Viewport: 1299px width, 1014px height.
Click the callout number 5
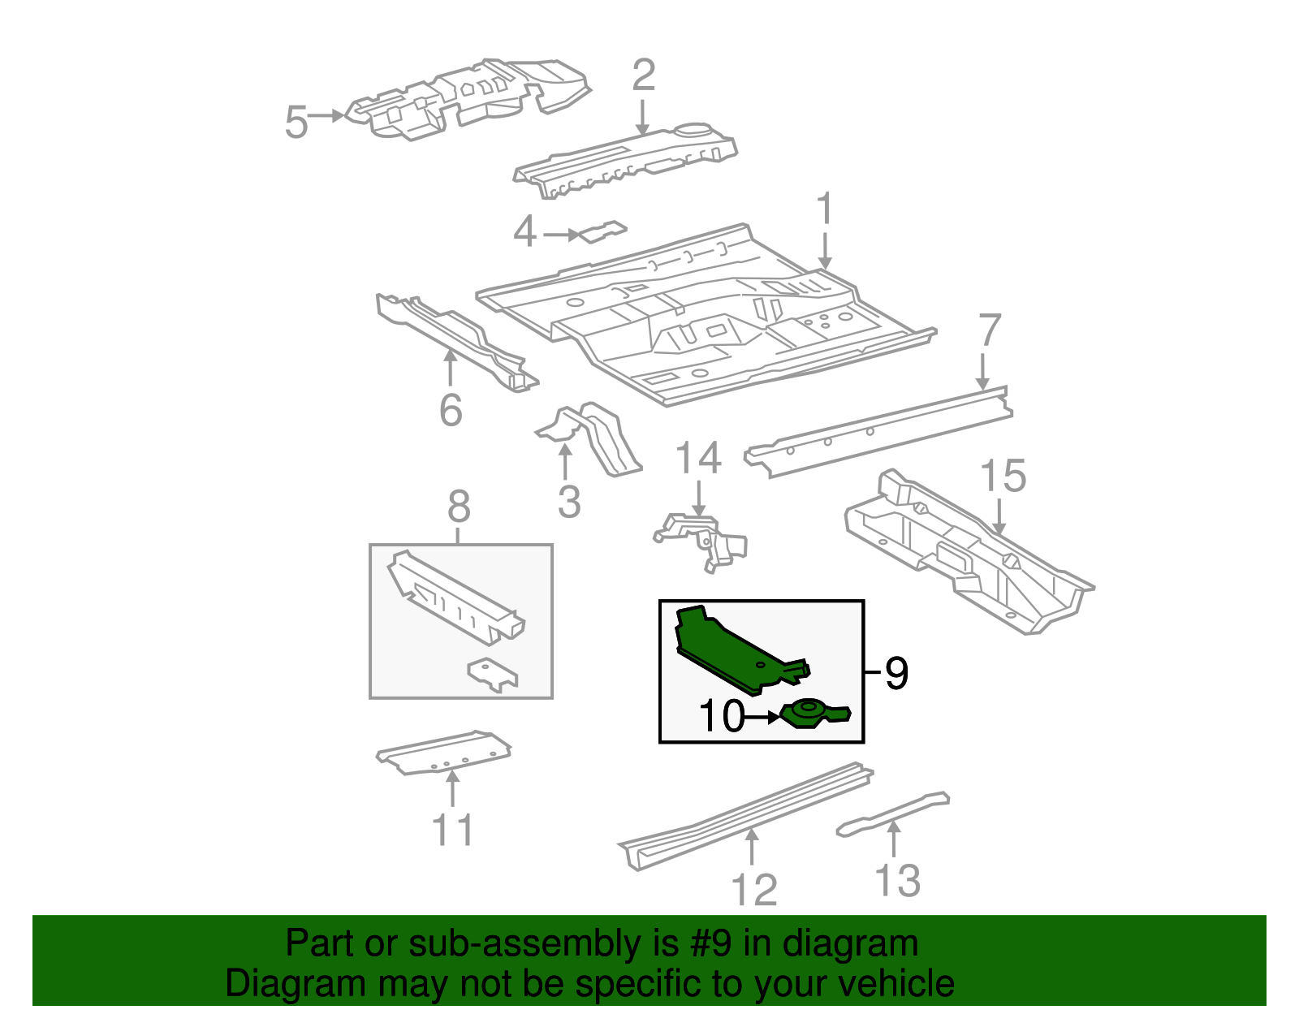click(296, 123)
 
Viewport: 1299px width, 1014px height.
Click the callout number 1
click(825, 209)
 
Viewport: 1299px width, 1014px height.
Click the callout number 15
click(1003, 476)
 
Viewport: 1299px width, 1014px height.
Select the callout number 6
click(451, 410)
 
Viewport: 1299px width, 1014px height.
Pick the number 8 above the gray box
click(459, 507)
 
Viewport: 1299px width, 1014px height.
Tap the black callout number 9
click(895, 673)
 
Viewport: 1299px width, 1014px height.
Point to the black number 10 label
click(721, 716)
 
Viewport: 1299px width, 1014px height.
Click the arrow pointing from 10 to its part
click(763, 717)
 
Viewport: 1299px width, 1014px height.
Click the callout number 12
click(754, 890)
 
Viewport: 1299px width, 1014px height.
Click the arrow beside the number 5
click(328, 116)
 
